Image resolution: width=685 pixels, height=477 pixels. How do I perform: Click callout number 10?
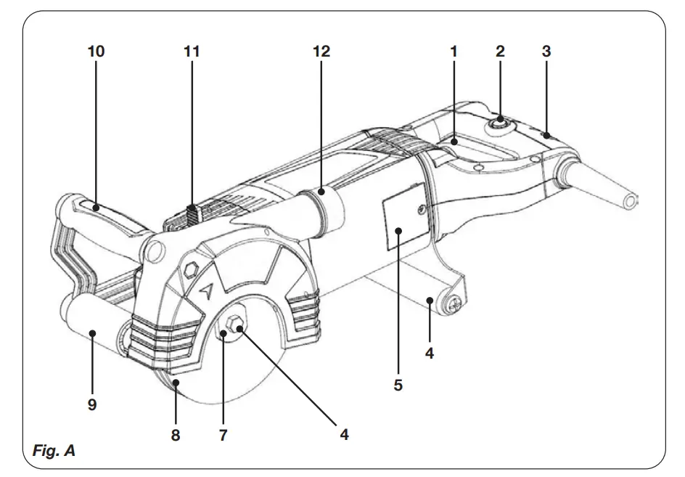point(96,52)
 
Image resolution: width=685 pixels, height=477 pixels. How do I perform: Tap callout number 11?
point(192,52)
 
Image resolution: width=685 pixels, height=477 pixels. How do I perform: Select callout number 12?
point(321,52)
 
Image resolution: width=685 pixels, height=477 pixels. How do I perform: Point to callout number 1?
point(454,52)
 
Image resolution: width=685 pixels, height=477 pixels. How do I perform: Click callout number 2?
point(500,52)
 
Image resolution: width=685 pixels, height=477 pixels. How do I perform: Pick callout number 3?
point(546,52)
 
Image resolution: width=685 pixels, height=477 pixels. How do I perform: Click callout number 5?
point(398,386)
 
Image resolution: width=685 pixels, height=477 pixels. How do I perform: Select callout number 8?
point(176,436)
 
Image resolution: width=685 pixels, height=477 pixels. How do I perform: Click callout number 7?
point(223,436)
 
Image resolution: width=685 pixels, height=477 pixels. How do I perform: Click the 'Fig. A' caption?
point(54,452)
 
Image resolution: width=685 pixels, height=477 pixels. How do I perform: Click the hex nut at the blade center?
point(236,325)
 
